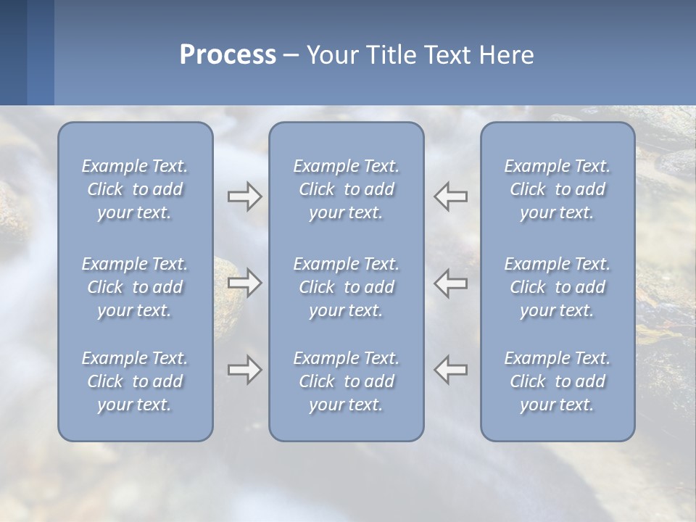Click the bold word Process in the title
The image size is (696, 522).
pyautogui.click(x=228, y=55)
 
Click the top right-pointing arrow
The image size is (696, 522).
pyautogui.click(x=244, y=196)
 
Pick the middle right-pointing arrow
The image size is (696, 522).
pyautogui.click(x=244, y=282)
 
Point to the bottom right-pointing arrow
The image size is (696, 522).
pyautogui.click(x=244, y=370)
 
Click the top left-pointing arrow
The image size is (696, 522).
pyautogui.click(x=451, y=196)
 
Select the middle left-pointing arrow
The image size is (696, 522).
pyautogui.click(x=451, y=282)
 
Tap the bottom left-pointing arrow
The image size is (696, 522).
pyautogui.click(x=451, y=370)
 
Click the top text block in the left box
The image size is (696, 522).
pyautogui.click(x=135, y=189)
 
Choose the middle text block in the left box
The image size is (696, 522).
pyautogui.click(x=135, y=287)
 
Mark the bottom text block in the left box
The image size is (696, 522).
pyautogui.click(x=135, y=381)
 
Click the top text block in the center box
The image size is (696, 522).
pyautogui.click(x=346, y=189)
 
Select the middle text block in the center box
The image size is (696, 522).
pyautogui.click(x=346, y=287)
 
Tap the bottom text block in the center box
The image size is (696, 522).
pyautogui.click(x=346, y=381)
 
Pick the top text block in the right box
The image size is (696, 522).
pyautogui.click(x=557, y=189)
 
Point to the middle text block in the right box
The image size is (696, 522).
pyautogui.click(x=557, y=287)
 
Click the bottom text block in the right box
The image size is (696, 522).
pyautogui.click(x=557, y=381)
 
